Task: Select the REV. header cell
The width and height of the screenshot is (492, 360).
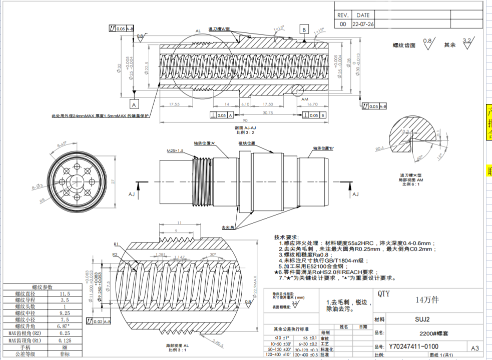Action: [343, 15]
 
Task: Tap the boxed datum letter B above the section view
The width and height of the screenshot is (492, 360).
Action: [304, 29]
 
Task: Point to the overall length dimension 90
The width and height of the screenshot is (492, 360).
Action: [245, 120]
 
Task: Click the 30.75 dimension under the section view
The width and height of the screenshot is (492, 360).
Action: [267, 112]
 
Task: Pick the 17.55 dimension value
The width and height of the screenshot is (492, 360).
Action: [174, 104]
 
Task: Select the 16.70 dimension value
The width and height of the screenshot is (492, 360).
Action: [312, 104]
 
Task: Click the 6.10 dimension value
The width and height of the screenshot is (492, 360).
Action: [245, 104]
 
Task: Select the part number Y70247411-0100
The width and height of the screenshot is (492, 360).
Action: [413, 346]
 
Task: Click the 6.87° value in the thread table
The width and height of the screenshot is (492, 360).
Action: [64, 325]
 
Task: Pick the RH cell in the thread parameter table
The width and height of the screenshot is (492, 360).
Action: [64, 346]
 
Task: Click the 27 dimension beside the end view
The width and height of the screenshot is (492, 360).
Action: [113, 182]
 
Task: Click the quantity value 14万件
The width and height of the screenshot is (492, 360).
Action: [427, 300]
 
